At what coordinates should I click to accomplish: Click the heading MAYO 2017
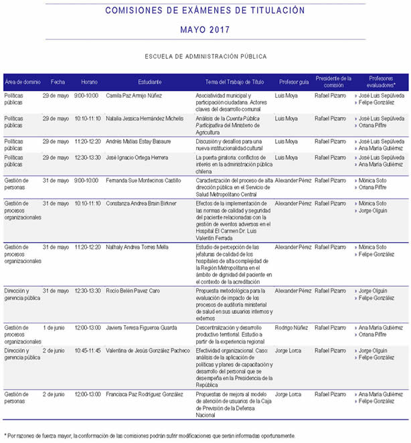click(x=205, y=30)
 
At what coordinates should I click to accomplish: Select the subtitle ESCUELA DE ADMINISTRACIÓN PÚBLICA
click(x=205, y=57)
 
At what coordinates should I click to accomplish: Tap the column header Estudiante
click(x=150, y=81)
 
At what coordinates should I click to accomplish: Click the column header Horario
click(x=89, y=81)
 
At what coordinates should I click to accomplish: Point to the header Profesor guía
click(x=294, y=81)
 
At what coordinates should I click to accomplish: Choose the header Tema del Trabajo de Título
click(x=234, y=81)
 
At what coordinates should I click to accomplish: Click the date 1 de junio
click(x=54, y=327)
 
